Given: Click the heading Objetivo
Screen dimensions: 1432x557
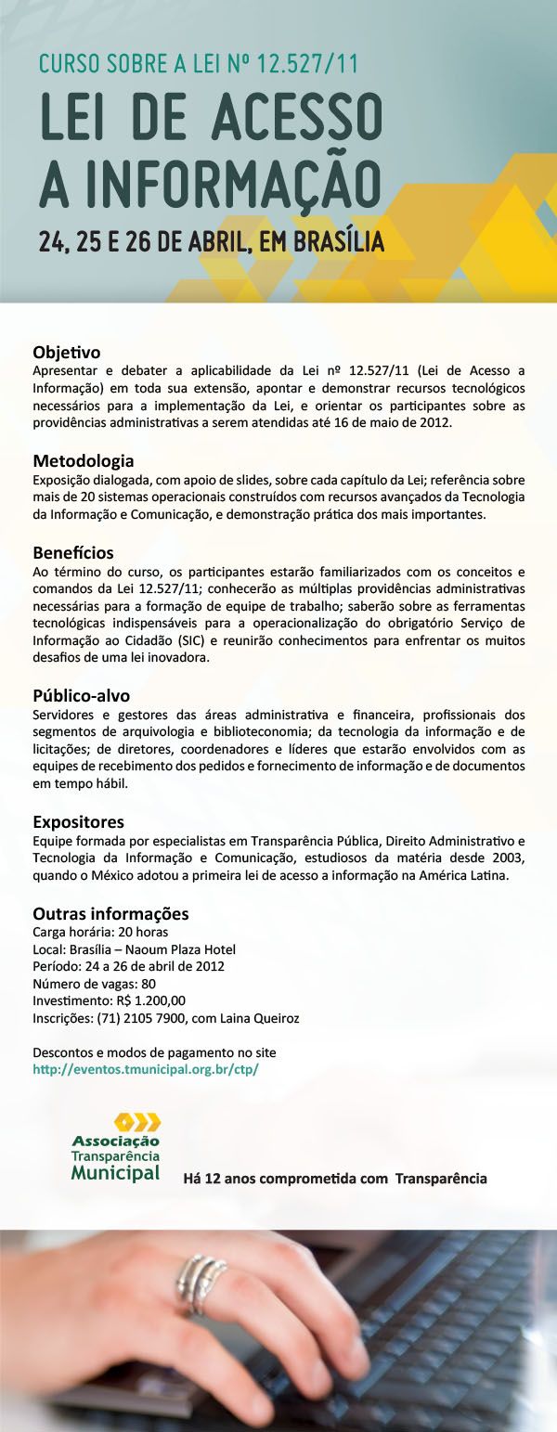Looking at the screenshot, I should (x=66, y=353).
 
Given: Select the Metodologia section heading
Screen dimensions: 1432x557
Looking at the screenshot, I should (x=83, y=461).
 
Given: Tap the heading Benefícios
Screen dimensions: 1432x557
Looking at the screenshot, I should (x=72, y=553).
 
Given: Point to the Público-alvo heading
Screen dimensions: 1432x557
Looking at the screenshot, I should (x=81, y=696).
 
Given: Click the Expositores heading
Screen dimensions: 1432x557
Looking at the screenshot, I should (x=78, y=822).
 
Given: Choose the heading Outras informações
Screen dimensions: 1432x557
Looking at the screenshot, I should (x=110, y=913).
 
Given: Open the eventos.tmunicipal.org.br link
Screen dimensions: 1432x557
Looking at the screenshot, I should (x=145, y=1069).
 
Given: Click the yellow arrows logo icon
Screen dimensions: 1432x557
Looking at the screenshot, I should (x=136, y=1122).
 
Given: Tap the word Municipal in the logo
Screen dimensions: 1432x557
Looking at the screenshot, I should (x=114, y=1173).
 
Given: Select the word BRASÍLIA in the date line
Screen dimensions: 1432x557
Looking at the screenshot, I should (x=338, y=243).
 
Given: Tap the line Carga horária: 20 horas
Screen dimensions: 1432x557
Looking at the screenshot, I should (x=100, y=932).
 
